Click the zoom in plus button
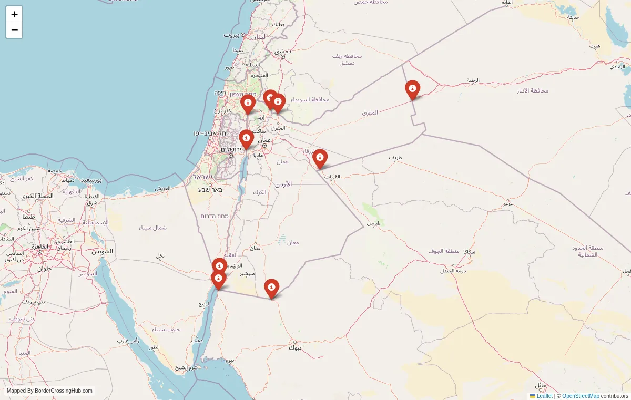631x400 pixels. click(x=14, y=14)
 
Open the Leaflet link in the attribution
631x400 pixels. click(x=544, y=396)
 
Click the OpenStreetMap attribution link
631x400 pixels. click(x=581, y=396)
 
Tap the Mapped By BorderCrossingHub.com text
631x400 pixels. click(x=49, y=391)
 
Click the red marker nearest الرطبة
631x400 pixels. click(x=412, y=89)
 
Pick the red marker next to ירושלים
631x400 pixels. click(x=246, y=139)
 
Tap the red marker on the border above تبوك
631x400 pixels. click(x=271, y=288)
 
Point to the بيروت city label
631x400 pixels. click(x=231, y=35)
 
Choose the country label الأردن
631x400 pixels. click(x=283, y=184)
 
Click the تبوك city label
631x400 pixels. click(x=295, y=347)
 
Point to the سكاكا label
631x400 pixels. click(x=469, y=252)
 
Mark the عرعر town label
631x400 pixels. click(x=507, y=203)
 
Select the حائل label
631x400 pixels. click(x=541, y=385)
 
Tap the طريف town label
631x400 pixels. click(x=395, y=158)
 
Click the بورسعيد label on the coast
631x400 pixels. click(x=91, y=180)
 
